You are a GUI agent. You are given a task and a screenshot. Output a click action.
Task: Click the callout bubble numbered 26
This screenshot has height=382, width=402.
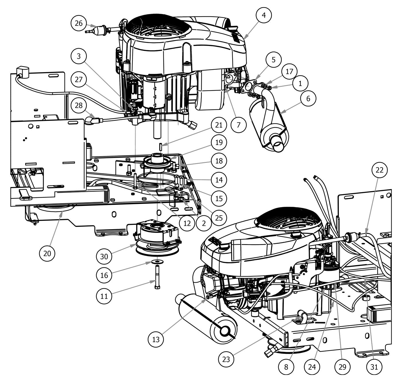(79, 23)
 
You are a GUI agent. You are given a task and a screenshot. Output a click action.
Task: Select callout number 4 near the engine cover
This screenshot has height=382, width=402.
(264, 15)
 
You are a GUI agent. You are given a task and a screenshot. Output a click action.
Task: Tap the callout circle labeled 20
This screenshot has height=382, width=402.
(47, 253)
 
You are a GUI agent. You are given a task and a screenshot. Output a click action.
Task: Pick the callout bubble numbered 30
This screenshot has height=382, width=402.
(104, 256)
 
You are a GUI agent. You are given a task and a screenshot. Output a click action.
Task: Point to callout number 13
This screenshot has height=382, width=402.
(156, 339)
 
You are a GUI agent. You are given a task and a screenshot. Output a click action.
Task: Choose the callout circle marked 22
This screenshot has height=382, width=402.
(380, 170)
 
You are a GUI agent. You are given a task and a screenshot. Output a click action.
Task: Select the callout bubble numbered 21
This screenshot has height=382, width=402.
(219, 125)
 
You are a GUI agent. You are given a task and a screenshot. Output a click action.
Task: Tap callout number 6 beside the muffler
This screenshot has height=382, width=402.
(308, 99)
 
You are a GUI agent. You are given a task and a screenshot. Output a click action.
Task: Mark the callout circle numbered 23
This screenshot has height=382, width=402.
(226, 359)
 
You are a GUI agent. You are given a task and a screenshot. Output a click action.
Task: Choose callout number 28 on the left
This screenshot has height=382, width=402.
(79, 105)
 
